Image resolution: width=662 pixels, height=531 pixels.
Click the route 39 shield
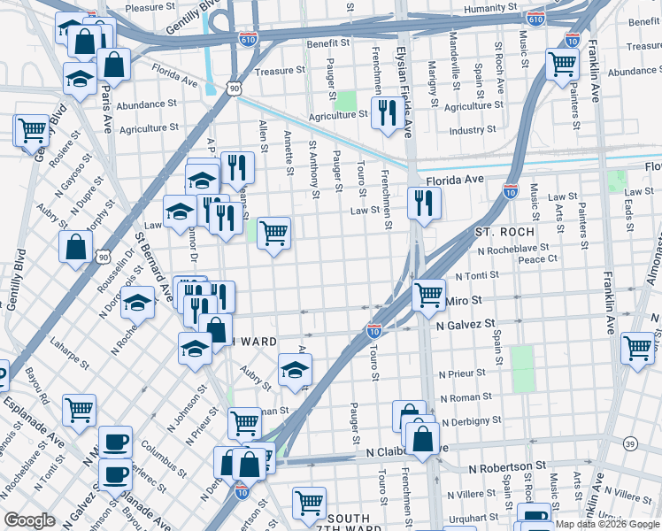pos(630,442)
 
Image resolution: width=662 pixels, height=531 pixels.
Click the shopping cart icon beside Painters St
pos(562,63)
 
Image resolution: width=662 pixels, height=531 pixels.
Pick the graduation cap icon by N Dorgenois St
pos(137,302)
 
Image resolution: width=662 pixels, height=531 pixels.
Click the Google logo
pos(30,520)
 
